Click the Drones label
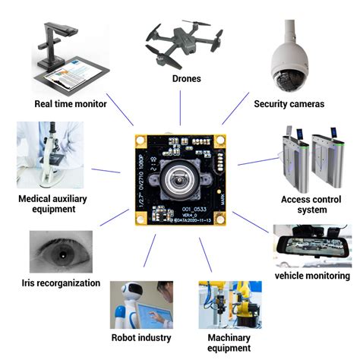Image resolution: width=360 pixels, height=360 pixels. click(x=180, y=79)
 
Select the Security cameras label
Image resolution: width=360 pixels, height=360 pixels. click(x=289, y=103)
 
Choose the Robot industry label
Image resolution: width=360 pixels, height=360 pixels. click(x=141, y=337)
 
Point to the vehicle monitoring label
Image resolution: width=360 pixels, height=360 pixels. click(x=312, y=276)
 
